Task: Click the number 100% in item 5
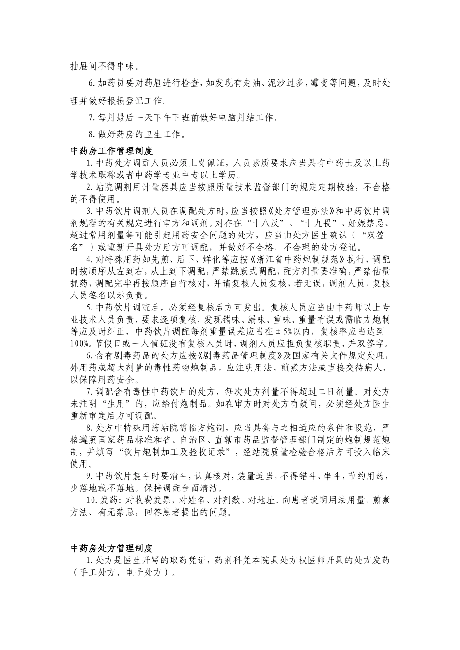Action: pos(80,344)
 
